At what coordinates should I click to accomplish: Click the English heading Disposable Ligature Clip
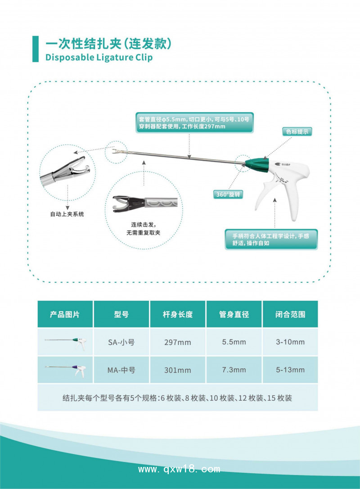click(99, 57)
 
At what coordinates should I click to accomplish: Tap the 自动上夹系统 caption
click(67, 214)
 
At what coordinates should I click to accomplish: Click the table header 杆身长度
click(178, 314)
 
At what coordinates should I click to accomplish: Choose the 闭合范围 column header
click(290, 314)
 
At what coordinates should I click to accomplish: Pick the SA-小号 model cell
click(121, 342)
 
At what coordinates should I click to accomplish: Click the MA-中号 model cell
click(121, 370)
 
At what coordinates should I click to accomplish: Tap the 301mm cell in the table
click(178, 370)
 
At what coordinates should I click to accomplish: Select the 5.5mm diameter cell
click(234, 342)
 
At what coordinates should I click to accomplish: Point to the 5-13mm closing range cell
click(290, 370)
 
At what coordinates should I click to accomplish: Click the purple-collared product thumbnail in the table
click(66, 370)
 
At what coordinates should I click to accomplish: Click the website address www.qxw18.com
click(179, 469)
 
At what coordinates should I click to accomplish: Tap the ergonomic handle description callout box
click(271, 239)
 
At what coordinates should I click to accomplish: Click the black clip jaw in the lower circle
click(121, 202)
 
